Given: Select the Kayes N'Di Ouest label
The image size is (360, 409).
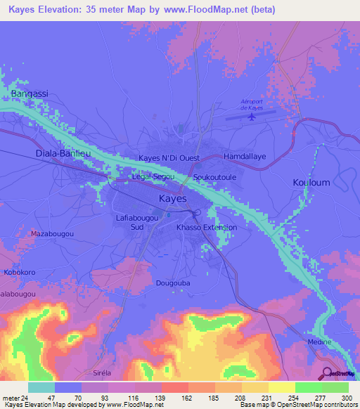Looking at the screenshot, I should [169, 157].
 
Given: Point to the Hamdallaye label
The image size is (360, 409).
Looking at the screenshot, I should [244, 157].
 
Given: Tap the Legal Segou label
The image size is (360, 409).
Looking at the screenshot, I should [153, 177].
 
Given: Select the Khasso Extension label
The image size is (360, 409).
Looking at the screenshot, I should [206, 228].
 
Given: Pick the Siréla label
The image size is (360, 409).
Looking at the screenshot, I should [107, 372].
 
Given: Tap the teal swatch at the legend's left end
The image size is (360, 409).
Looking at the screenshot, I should [41, 387].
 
